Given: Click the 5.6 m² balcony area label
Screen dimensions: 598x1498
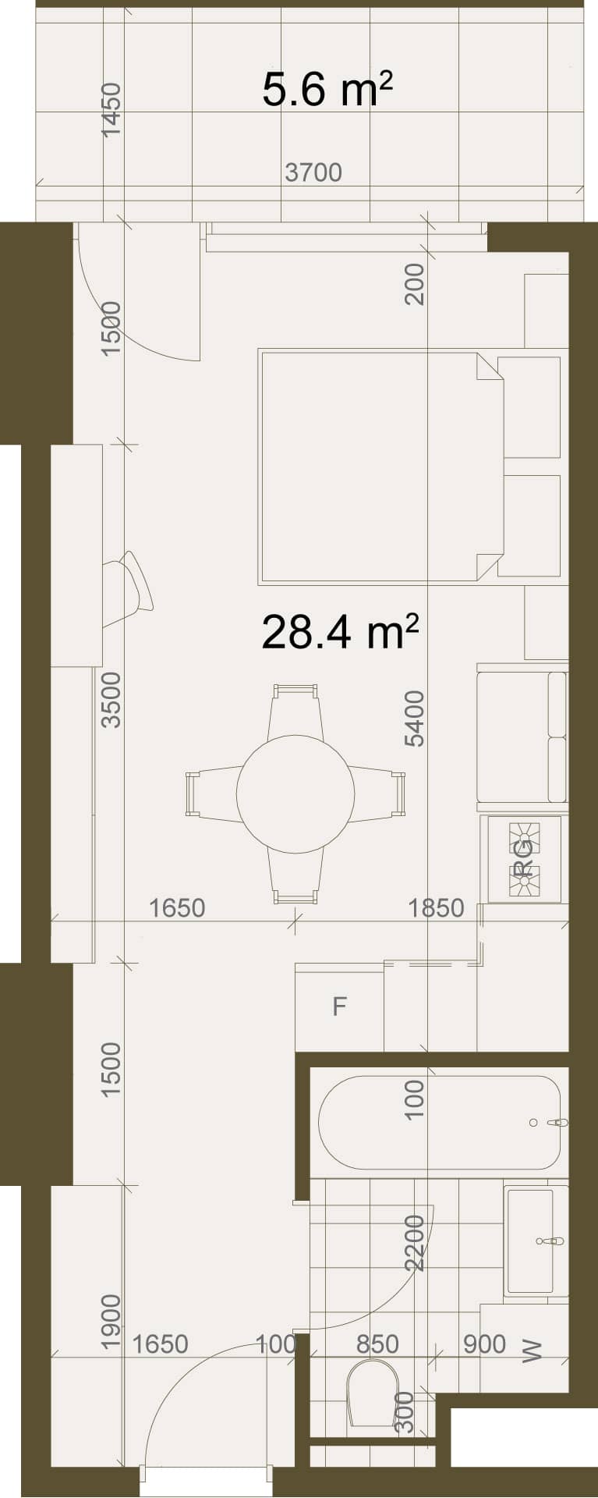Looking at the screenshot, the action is [x=327, y=89].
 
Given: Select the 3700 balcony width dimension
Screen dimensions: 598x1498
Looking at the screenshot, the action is [x=313, y=172].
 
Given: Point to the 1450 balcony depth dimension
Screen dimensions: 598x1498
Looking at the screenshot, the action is [x=112, y=110].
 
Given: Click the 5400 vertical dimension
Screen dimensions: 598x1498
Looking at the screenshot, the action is [x=415, y=719].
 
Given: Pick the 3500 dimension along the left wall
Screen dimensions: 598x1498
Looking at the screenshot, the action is [x=112, y=700].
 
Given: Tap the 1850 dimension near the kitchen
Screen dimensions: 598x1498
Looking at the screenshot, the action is [x=436, y=908].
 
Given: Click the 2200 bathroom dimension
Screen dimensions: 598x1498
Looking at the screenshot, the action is [x=415, y=1243].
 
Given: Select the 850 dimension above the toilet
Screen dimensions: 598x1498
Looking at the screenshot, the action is [x=377, y=1344].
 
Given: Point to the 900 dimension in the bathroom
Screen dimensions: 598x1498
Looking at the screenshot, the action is [x=484, y=1344].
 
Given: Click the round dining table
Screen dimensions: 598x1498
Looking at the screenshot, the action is [x=295, y=793].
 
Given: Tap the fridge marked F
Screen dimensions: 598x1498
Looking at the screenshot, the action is [x=339, y=1007].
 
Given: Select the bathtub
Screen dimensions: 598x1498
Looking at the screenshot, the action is [x=439, y=1123].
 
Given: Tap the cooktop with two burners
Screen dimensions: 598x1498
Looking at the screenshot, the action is [x=525, y=859].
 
